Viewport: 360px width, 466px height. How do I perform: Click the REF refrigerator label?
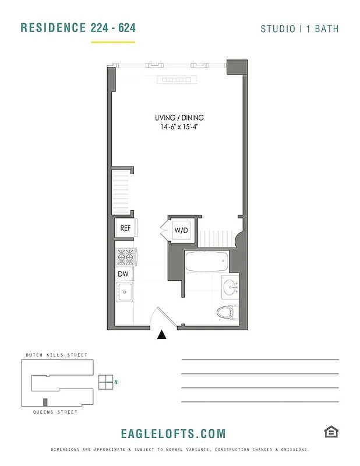coord(125,228)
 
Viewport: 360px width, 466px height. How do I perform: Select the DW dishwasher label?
coord(123,273)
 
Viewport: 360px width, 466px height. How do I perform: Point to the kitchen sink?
coord(124,291)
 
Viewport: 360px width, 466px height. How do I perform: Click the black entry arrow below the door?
coord(163,334)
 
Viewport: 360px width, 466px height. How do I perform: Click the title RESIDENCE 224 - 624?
coord(79,28)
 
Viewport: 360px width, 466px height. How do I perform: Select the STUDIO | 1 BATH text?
coord(299,29)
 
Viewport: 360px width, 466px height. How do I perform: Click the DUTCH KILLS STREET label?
coord(57,355)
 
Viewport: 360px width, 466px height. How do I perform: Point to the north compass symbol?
coord(106,382)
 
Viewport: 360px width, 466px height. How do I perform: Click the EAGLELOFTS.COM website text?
coord(173,433)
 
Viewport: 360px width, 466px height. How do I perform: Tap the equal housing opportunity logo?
coord(331,432)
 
